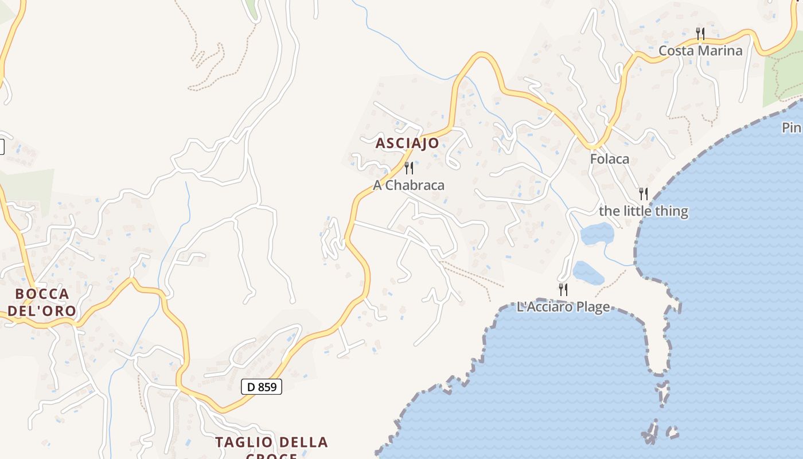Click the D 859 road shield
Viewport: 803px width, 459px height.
pyautogui.click(x=262, y=387)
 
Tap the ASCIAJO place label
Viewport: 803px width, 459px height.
pyautogui.click(x=407, y=143)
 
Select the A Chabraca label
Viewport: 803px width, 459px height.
pyautogui.click(x=408, y=185)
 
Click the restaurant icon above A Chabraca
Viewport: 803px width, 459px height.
pyautogui.click(x=409, y=168)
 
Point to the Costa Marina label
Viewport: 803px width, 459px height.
pyautogui.click(x=700, y=50)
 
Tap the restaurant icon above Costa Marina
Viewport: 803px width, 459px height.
pyautogui.click(x=700, y=34)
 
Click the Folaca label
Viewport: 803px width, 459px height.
pyautogui.click(x=610, y=159)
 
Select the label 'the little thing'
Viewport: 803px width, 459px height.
pyautogui.click(x=644, y=211)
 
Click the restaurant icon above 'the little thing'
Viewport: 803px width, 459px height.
pyautogui.click(x=644, y=194)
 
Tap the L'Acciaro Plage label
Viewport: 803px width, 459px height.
pyautogui.click(x=563, y=307)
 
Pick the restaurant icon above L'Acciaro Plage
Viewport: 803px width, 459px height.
pyautogui.click(x=563, y=290)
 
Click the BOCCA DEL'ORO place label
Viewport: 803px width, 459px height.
pyautogui.click(x=42, y=302)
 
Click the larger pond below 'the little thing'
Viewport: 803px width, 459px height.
pyautogui.click(x=597, y=234)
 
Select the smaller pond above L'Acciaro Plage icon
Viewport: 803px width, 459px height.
pyautogui.click(x=588, y=273)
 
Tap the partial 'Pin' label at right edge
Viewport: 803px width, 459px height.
pyautogui.click(x=792, y=127)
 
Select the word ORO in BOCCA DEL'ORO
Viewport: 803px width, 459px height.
pyautogui.click(x=61, y=311)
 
